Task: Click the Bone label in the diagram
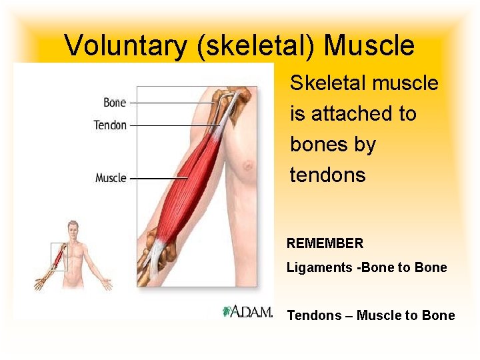click(115, 103)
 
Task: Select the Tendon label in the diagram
click(110, 125)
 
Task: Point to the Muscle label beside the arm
click(111, 178)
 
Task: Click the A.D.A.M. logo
click(247, 311)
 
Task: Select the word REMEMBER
click(325, 243)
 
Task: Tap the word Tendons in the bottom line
click(311, 315)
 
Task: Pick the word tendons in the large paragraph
click(327, 175)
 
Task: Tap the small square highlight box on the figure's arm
click(59, 257)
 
